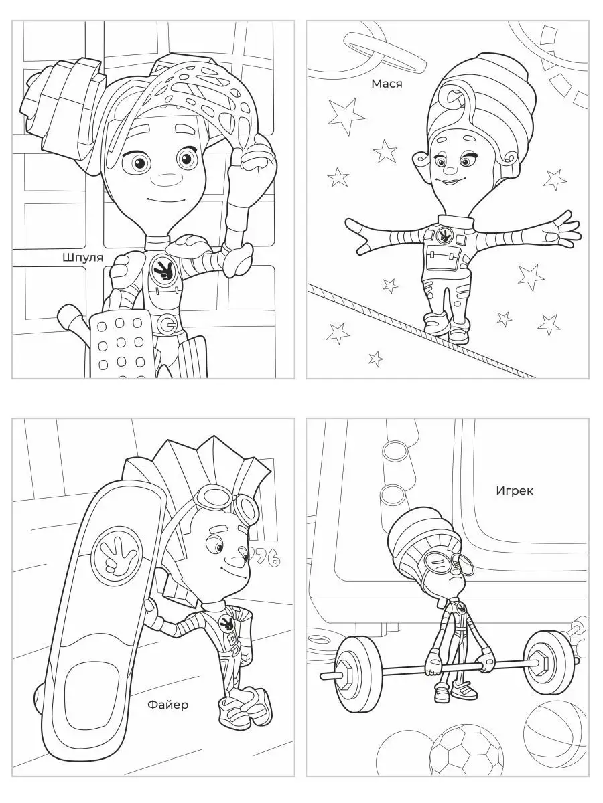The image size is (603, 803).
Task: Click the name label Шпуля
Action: (82, 258)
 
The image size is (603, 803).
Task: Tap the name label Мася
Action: (387, 84)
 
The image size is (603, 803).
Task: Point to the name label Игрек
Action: (515, 490)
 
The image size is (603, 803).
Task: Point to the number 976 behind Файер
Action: (267, 559)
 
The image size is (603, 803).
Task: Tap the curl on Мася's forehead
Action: (456, 100)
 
